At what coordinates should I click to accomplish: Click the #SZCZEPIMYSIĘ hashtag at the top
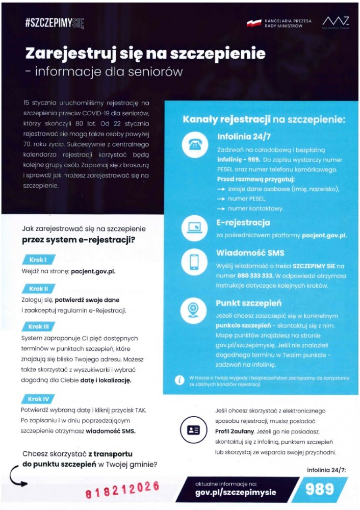coord(54,23)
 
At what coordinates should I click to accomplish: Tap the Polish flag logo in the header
coord(253,23)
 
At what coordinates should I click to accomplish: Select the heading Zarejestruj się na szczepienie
coord(145,54)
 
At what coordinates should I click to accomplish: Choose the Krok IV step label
coord(39,399)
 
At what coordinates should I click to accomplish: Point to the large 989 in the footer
coord(319,489)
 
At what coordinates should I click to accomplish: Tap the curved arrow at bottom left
coord(17,481)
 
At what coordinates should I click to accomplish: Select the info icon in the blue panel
coord(179,380)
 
